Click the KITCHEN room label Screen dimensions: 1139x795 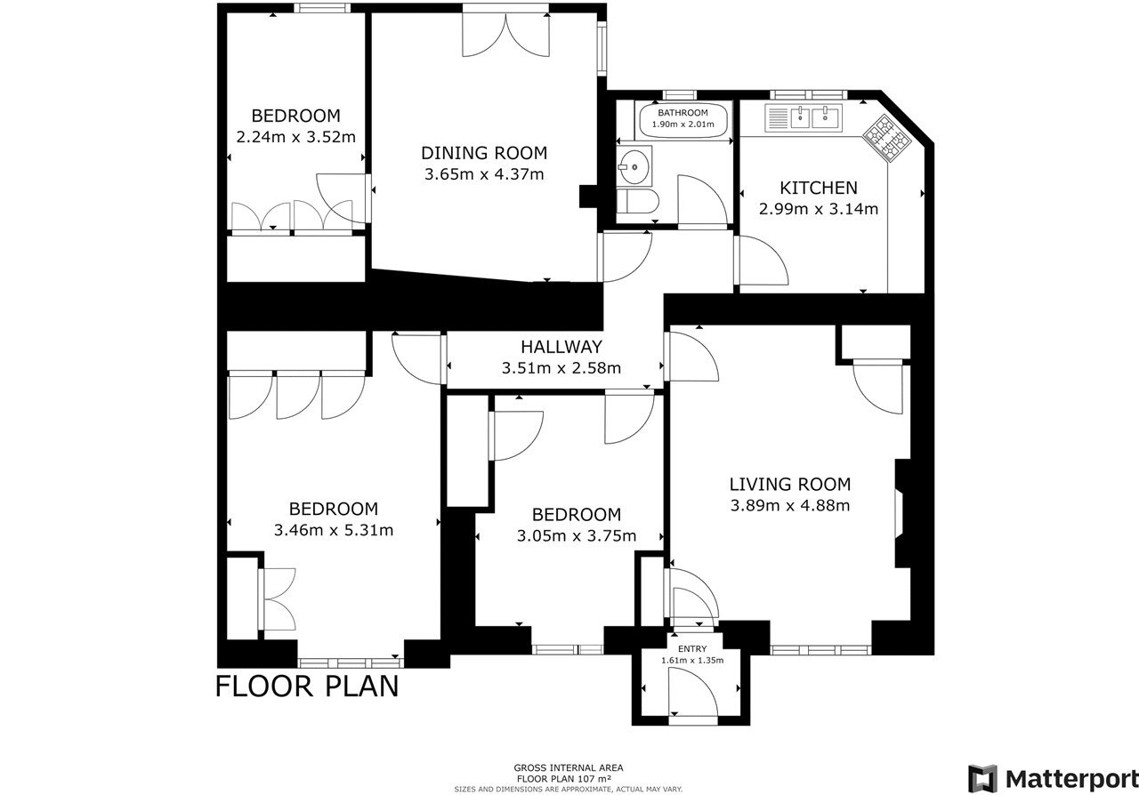tap(818, 188)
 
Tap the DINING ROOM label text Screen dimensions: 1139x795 tap(484, 153)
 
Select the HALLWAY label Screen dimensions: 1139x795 tap(561, 347)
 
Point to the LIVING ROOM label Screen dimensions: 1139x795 tap(790, 485)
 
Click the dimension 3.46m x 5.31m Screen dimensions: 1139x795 tap(334, 530)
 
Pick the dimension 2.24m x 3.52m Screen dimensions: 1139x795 tap(296, 137)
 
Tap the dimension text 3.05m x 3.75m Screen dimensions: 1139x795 tap(577, 535)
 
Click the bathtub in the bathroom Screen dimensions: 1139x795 tap(683, 120)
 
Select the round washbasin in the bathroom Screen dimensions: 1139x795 tap(634, 166)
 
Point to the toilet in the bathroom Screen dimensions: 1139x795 tap(638, 202)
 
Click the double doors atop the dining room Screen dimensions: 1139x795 tap(505, 35)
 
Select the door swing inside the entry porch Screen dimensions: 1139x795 tap(693, 695)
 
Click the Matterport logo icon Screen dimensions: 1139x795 tap(982, 778)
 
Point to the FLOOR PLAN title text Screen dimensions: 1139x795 tap(308, 687)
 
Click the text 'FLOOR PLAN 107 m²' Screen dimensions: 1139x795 tap(564, 779)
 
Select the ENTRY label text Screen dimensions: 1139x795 tap(692, 649)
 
